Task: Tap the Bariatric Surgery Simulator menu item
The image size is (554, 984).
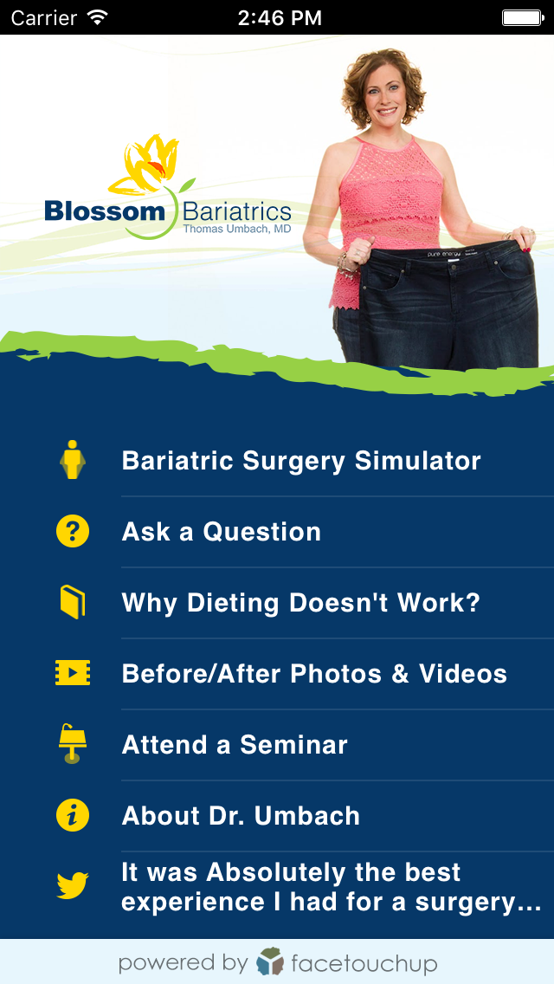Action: click(301, 461)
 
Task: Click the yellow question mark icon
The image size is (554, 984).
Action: click(73, 531)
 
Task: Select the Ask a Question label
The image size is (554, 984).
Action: click(222, 532)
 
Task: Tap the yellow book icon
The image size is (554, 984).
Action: click(73, 602)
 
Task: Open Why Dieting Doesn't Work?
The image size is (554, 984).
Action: click(301, 603)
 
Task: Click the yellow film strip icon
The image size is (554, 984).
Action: click(73, 673)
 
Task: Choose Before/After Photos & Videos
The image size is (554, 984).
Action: click(314, 674)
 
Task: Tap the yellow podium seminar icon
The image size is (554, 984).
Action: click(73, 744)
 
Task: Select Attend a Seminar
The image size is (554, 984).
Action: click(235, 745)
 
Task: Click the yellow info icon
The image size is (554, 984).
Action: click(73, 815)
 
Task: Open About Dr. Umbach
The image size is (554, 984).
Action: click(241, 816)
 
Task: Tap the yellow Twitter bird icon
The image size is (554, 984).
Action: click(73, 886)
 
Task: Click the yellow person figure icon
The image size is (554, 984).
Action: click(73, 460)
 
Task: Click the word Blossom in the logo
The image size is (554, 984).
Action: click(105, 210)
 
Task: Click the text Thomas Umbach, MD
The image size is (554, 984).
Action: click(237, 229)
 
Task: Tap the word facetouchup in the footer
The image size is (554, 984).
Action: click(364, 962)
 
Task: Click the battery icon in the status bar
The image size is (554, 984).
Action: click(521, 17)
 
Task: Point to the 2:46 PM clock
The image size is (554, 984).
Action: click(280, 17)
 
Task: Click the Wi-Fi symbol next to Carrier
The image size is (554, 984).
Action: click(97, 17)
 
